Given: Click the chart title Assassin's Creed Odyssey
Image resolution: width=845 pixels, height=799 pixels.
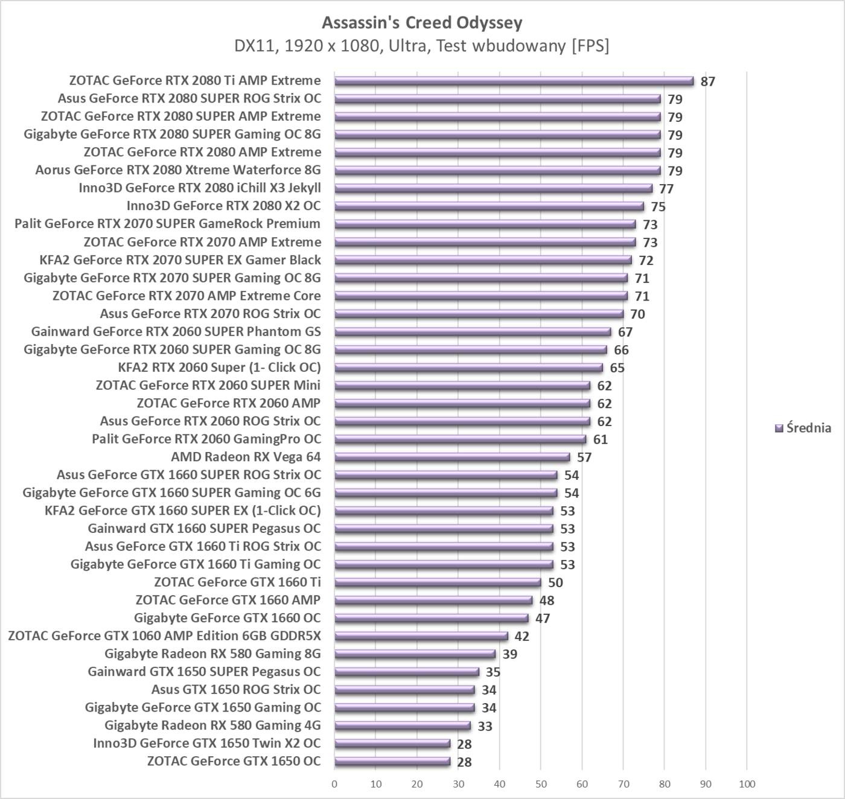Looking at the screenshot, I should pyautogui.click(x=422, y=23).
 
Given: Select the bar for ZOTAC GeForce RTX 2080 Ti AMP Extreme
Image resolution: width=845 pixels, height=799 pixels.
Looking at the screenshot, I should pyautogui.click(x=514, y=81).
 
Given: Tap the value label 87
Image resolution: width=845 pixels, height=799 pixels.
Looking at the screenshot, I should pyautogui.click(x=708, y=81).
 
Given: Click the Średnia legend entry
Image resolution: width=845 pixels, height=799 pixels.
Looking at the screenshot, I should pyautogui.click(x=803, y=428).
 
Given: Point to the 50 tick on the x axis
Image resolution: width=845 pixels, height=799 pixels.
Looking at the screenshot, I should pyautogui.click(x=541, y=784).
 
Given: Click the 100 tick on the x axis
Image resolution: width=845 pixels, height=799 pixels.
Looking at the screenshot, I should pyautogui.click(x=747, y=784).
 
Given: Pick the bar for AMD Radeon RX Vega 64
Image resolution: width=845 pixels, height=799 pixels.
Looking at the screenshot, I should pyautogui.click(x=452, y=457).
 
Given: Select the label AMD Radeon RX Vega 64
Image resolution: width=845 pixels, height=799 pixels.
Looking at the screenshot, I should pyautogui.click(x=246, y=457).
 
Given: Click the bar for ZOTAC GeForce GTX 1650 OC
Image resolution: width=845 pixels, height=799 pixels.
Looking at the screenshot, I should pyautogui.click(x=392, y=762).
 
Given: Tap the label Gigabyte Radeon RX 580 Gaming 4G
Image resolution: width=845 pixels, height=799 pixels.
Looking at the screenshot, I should pyautogui.click(x=212, y=725).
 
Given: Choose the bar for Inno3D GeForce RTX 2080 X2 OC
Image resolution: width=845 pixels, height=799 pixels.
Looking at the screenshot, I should pyautogui.click(x=489, y=206).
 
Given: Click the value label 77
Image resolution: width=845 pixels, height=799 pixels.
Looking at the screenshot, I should pyautogui.click(x=666, y=189).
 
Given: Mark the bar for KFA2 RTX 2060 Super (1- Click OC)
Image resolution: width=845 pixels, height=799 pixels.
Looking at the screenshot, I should pyautogui.click(x=468, y=368).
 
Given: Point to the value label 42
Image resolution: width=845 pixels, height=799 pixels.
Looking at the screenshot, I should pyautogui.click(x=521, y=636).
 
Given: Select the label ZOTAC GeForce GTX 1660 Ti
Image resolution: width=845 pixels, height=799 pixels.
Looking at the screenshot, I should pyautogui.click(x=237, y=582).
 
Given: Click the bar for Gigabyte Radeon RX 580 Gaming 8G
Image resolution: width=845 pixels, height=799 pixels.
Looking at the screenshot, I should pyautogui.click(x=415, y=654).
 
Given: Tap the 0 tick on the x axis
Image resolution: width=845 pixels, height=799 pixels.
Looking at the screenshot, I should pyautogui.click(x=334, y=784).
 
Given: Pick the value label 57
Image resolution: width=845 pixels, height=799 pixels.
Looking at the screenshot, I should pyautogui.click(x=584, y=457).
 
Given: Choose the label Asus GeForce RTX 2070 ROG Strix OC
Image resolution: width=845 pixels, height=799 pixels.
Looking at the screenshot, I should pyautogui.click(x=210, y=314).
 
